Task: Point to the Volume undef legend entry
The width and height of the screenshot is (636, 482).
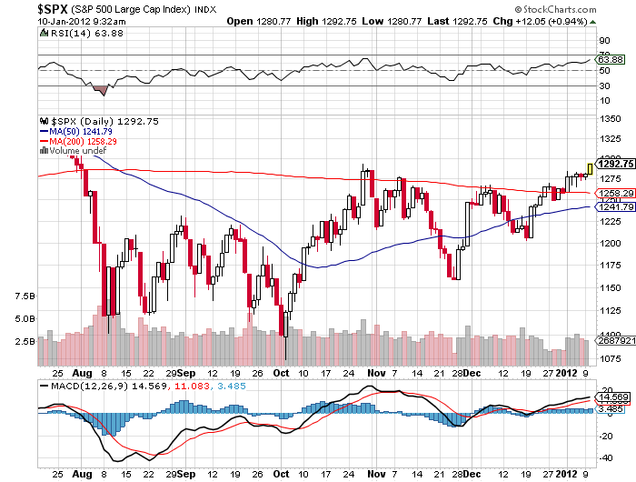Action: pyautogui.click(x=74, y=151)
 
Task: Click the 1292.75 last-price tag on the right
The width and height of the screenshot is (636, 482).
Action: pyautogui.click(x=613, y=164)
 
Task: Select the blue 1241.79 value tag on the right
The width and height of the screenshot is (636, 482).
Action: pyautogui.click(x=612, y=207)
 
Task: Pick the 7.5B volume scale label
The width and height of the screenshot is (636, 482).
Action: pyautogui.click(x=25, y=296)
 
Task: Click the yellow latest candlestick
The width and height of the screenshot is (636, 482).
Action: pyautogui.click(x=590, y=168)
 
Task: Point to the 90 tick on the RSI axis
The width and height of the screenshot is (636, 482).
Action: pyautogui.click(x=601, y=40)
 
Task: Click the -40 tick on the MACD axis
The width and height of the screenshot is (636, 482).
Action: pyautogui.click(x=602, y=457)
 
